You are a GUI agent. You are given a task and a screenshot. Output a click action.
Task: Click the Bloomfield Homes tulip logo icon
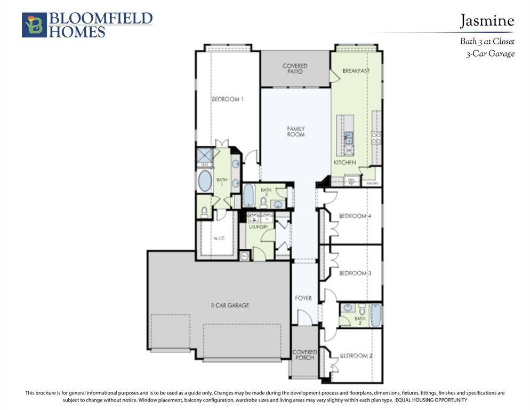[34, 25]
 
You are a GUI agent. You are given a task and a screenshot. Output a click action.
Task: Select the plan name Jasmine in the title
[487, 21]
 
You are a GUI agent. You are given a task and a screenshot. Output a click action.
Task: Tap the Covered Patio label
[295, 68]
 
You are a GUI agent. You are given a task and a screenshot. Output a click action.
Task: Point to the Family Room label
[296, 131]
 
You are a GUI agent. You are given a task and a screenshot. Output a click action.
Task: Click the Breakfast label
[356, 71]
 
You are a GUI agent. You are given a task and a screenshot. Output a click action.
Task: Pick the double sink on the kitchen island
[348, 138]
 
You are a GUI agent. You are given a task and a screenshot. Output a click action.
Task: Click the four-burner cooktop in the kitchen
[376, 138]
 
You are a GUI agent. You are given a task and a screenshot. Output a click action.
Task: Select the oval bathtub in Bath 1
[205, 182]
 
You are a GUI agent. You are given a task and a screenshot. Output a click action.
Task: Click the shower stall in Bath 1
[205, 156]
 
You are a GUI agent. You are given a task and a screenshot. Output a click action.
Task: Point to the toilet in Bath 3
[263, 203]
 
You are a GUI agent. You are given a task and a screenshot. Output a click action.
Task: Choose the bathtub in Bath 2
[376, 314]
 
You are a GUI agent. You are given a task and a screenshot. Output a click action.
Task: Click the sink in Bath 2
[348, 308]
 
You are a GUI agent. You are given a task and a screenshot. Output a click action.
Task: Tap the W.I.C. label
[219, 238]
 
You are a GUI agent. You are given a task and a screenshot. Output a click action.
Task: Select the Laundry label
[258, 227]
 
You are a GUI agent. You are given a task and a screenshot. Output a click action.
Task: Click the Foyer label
[303, 298]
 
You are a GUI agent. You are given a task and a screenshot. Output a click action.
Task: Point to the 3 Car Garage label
[229, 305]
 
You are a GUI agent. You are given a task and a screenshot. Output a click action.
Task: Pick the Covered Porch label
[304, 354]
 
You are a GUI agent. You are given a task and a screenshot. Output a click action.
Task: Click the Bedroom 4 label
[355, 216]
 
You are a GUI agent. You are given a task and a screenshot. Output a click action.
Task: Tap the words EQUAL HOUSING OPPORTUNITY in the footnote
[431, 400]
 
